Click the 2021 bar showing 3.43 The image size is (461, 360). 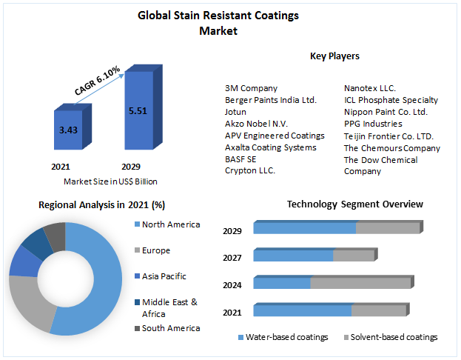tap(68, 131)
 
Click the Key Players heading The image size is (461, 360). tap(334, 56)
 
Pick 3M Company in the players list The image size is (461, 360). tap(251, 88)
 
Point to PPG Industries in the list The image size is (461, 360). tap(373, 124)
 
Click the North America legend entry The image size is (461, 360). tap(170, 224)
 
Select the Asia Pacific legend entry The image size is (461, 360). tap(164, 276)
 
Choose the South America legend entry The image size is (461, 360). tap(170, 328)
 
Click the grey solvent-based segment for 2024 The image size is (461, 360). tap(360, 283)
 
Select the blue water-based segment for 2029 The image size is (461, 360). tap(304, 228)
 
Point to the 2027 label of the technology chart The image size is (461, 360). tap(233, 259)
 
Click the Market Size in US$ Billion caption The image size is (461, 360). tap(110, 181)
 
